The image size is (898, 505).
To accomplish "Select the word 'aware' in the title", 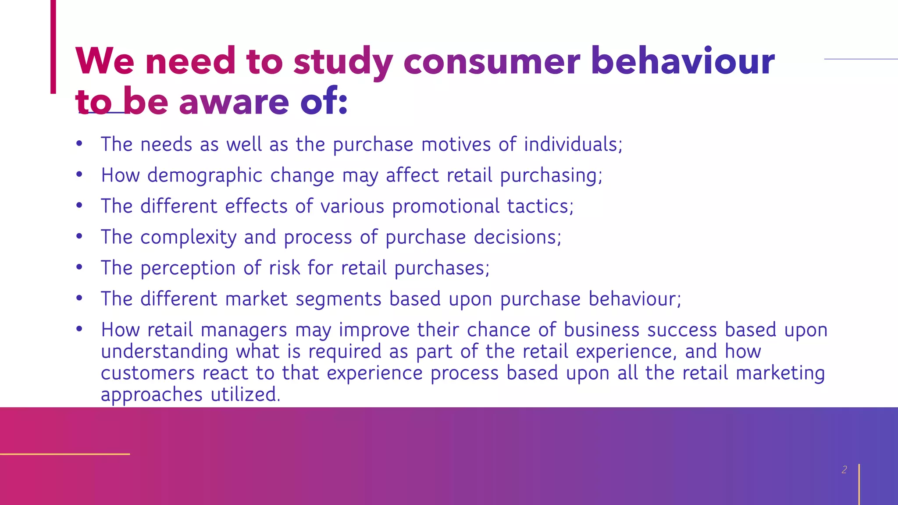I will [x=234, y=102].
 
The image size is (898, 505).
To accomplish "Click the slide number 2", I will [x=844, y=469].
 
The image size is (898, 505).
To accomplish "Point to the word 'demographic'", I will [x=204, y=176].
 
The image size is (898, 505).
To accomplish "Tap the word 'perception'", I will [x=188, y=268].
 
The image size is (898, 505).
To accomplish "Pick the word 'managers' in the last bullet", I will [x=244, y=330].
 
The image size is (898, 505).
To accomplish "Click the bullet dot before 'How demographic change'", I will [x=79, y=174].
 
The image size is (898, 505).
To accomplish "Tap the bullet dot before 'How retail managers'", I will [x=79, y=329].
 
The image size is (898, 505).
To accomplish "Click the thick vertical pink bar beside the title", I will [x=53, y=46].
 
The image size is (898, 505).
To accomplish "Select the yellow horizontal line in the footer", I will [x=65, y=454].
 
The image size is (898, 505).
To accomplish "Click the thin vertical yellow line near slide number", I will [x=859, y=484].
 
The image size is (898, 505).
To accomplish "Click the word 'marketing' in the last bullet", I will [x=780, y=373].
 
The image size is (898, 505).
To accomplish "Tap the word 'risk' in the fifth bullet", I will [x=285, y=268].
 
